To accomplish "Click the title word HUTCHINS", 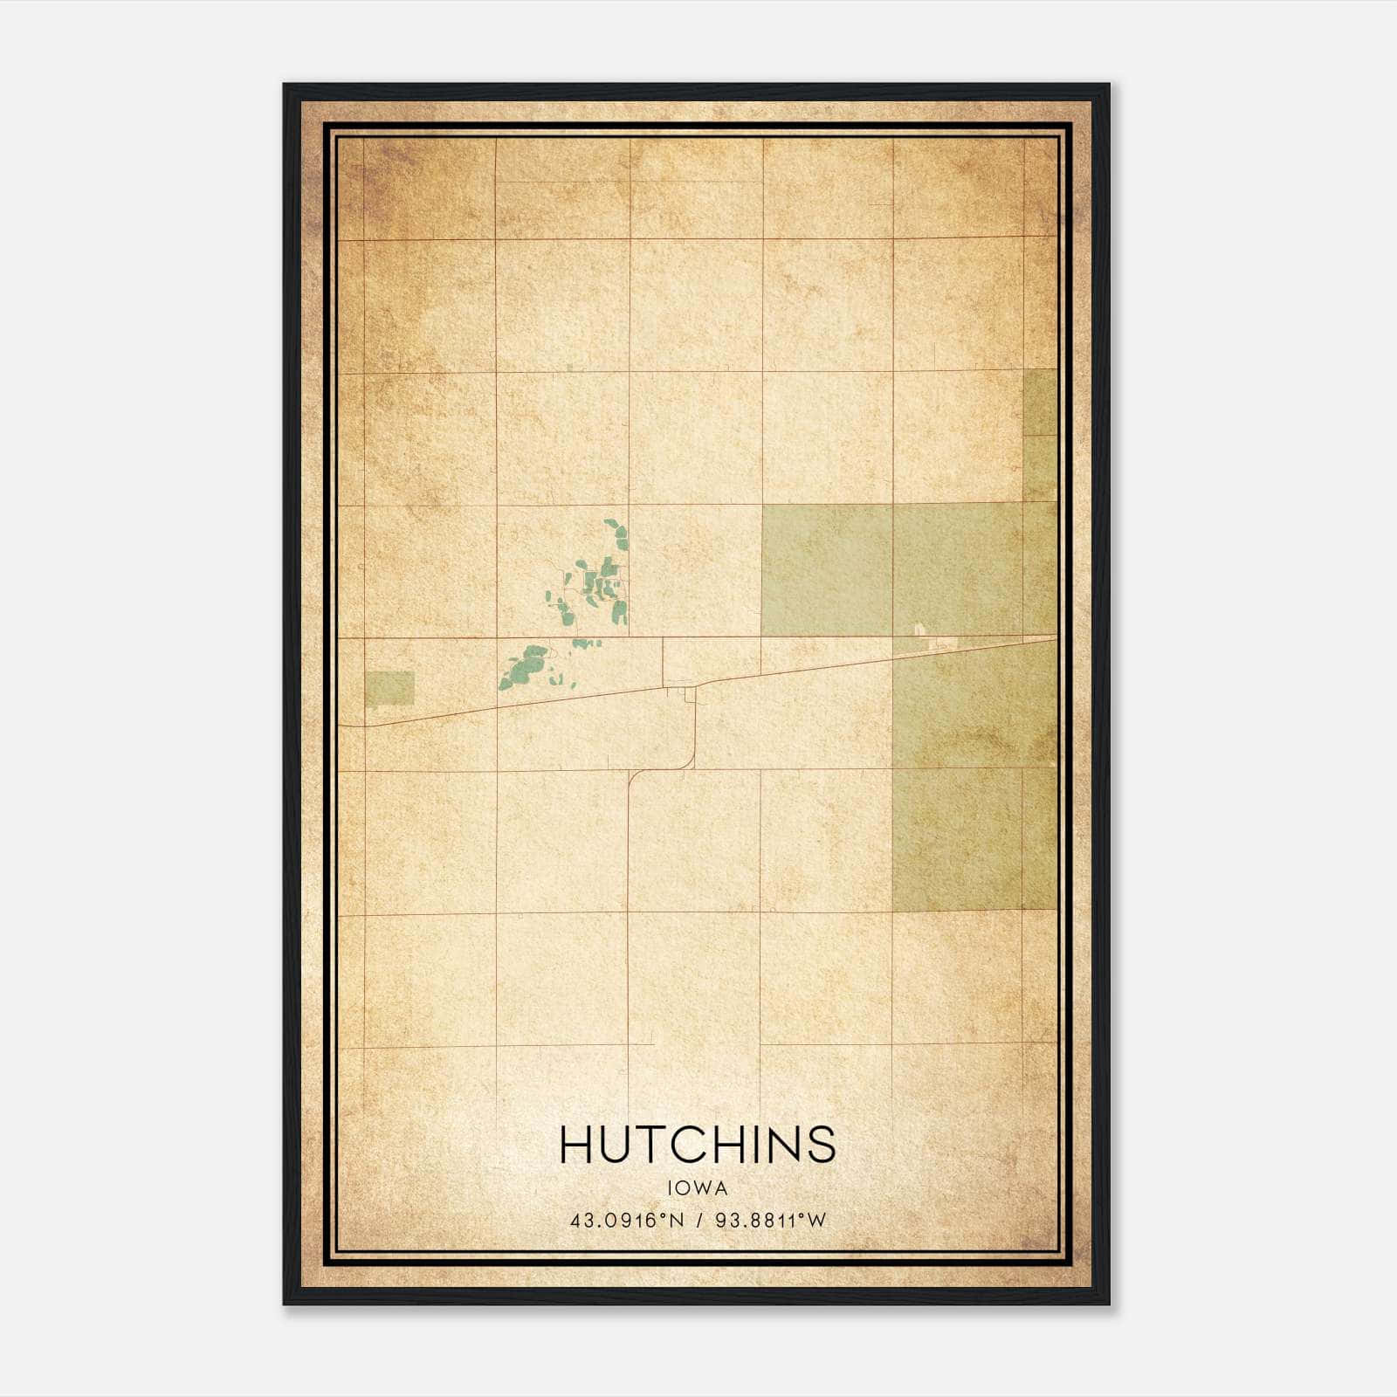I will (x=698, y=1144).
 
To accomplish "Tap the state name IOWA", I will (x=698, y=1187).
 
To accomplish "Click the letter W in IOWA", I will (x=705, y=1187).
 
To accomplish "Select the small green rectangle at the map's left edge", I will (x=389, y=688).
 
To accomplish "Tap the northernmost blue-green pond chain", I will (x=617, y=533).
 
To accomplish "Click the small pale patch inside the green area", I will (x=918, y=630).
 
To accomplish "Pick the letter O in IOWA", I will (x=685, y=1187).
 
